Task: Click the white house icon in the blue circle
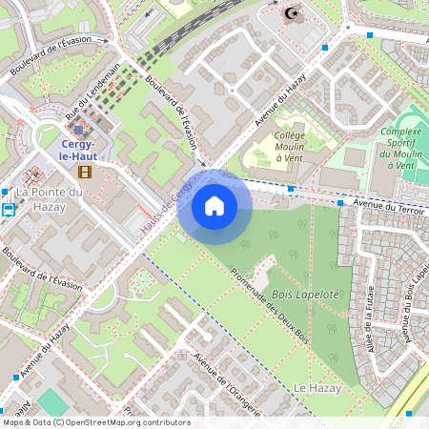click(x=214, y=206)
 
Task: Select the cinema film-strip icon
click(x=86, y=173)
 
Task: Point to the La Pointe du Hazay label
click(x=50, y=199)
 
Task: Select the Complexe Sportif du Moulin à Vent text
click(x=399, y=149)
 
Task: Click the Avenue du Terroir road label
click(x=385, y=204)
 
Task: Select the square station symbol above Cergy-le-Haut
click(x=77, y=129)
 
